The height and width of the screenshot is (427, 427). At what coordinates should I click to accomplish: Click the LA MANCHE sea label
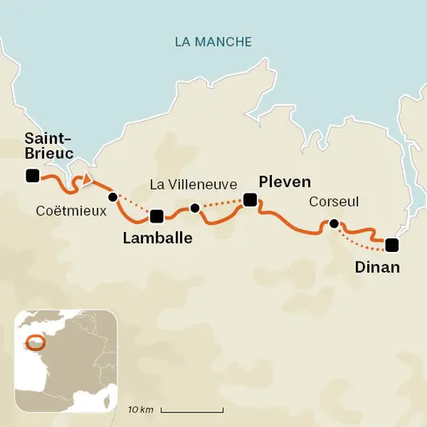tap(213, 42)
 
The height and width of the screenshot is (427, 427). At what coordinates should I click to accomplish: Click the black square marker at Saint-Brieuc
tap(32, 176)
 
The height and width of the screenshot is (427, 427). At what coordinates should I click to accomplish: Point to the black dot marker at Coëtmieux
tap(113, 197)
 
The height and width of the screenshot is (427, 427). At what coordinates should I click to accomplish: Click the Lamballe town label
tap(158, 237)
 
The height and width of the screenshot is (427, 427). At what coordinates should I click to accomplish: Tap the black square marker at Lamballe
tap(157, 215)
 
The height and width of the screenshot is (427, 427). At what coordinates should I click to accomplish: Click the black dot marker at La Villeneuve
tap(194, 209)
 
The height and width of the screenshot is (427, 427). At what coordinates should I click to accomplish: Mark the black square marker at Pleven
tap(250, 200)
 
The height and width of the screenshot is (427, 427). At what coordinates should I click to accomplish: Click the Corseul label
tap(334, 203)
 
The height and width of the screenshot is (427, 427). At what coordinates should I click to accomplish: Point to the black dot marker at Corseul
tap(334, 224)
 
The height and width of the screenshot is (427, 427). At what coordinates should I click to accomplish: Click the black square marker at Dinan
tap(391, 245)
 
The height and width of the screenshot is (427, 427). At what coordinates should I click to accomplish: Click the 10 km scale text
tap(140, 410)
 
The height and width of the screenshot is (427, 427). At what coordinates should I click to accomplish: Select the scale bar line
tap(192, 411)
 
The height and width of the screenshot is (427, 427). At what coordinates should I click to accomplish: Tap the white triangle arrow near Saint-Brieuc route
tap(87, 179)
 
